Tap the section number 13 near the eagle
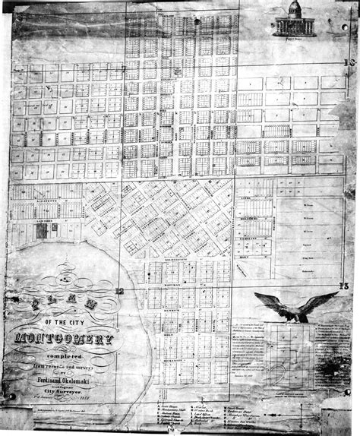point(345,286)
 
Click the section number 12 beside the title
point(120,290)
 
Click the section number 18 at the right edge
point(349,63)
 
